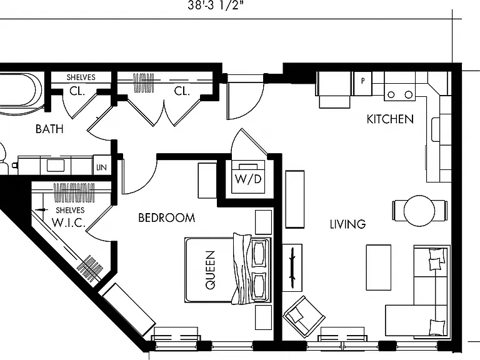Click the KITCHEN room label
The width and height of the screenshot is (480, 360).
[390, 119]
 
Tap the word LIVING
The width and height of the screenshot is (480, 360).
[347, 224]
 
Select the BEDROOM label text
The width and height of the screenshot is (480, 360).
[166, 217]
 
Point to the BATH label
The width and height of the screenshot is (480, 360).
[49, 129]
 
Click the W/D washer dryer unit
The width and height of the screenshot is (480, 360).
[248, 177]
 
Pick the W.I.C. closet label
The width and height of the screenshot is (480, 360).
[69, 222]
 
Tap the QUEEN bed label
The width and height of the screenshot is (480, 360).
[210, 270]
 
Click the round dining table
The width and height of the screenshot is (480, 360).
[419, 211]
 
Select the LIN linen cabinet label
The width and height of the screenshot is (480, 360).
[101, 167]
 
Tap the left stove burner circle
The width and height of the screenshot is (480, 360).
[391, 94]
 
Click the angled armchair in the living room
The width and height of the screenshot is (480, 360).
[304, 316]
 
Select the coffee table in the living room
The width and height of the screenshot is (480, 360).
[379, 267]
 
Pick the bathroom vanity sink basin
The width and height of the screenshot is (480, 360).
[56, 166]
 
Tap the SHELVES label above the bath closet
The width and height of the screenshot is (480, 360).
[81, 77]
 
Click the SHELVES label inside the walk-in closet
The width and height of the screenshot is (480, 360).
[70, 210]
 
